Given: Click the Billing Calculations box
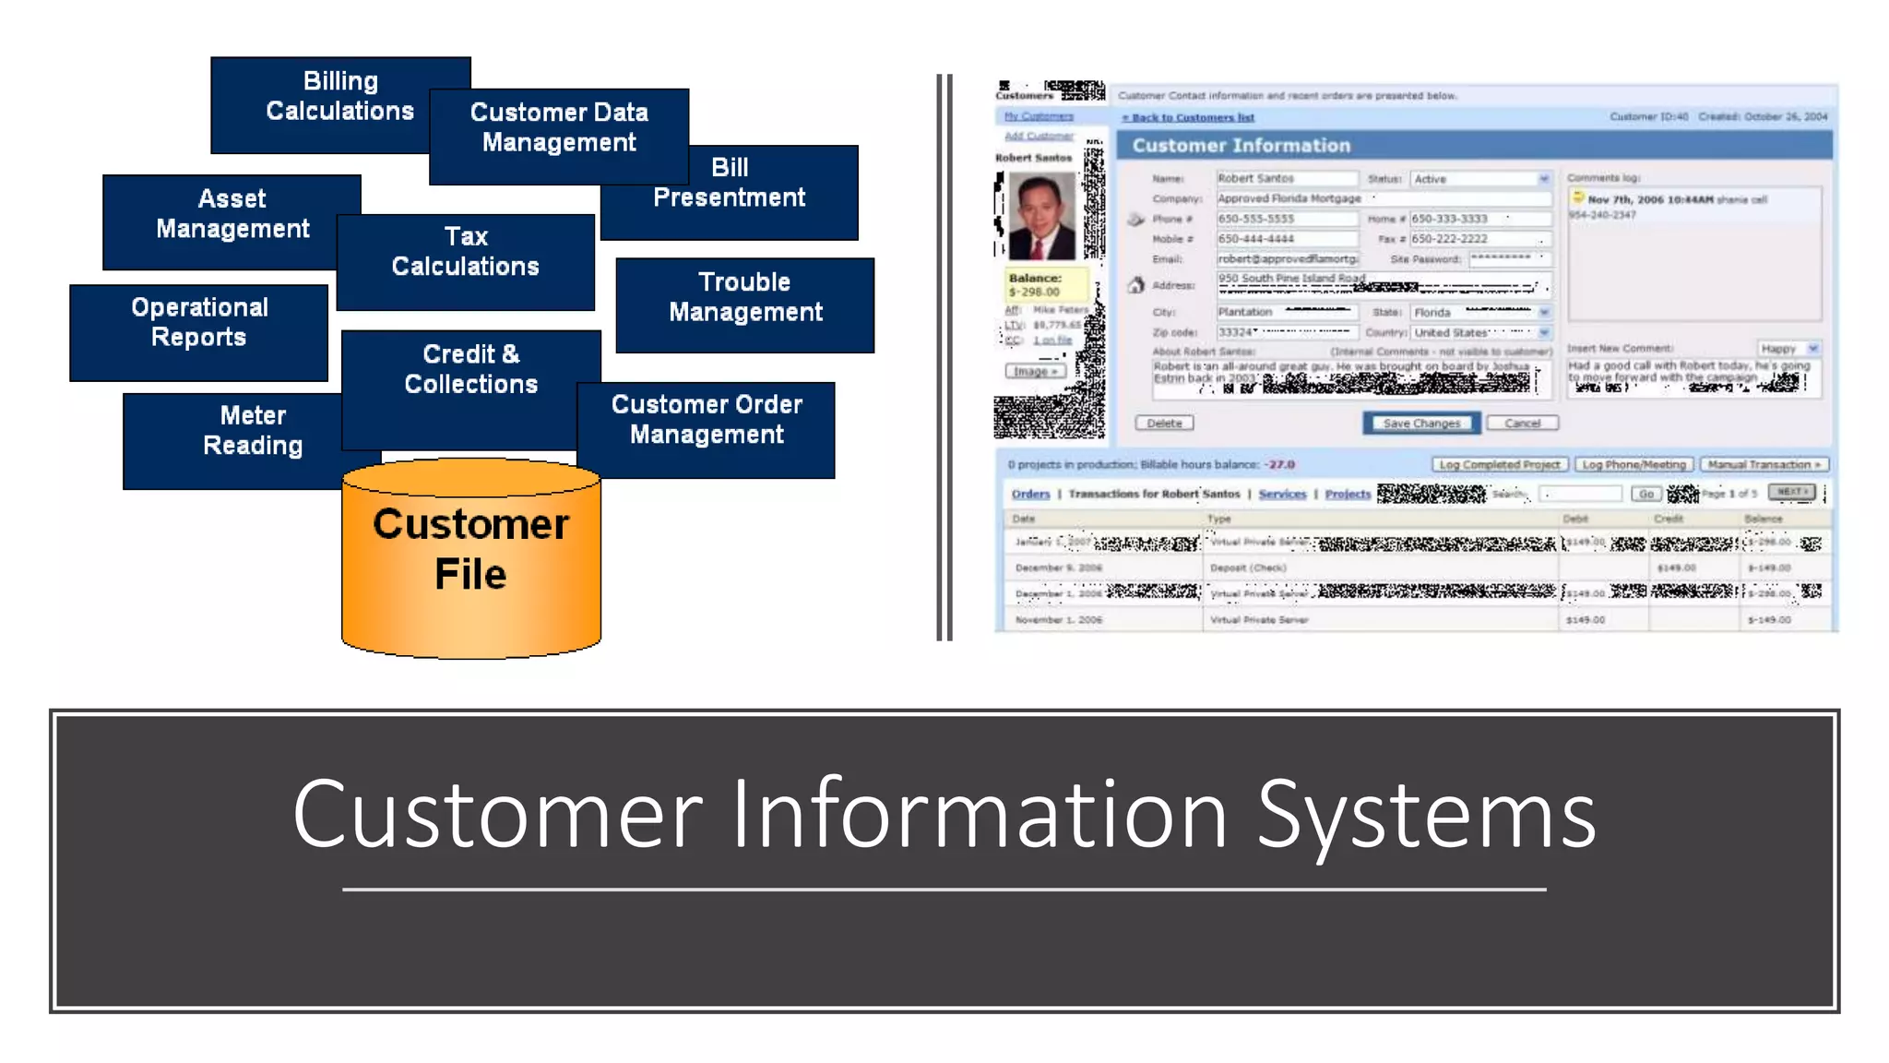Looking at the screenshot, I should [339, 97].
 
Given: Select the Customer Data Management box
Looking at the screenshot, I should [559, 127].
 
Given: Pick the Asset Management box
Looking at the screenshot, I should [232, 214].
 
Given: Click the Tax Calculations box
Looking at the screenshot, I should [466, 252].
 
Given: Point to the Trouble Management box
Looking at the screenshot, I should [745, 297].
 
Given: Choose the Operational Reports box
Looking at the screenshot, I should [199, 322].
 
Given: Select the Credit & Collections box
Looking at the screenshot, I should [470, 370].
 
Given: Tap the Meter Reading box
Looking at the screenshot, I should [252, 431].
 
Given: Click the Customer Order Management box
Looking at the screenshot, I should [707, 421].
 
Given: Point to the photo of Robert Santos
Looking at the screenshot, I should [1041, 217].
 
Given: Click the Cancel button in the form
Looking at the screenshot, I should [1522, 424].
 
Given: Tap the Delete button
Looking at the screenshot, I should [1164, 424].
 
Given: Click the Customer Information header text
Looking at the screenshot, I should [1241, 146].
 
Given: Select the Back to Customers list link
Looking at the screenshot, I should [1188, 118].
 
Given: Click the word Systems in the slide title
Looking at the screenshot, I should [1426, 815].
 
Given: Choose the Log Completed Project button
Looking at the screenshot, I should [1499, 465].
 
